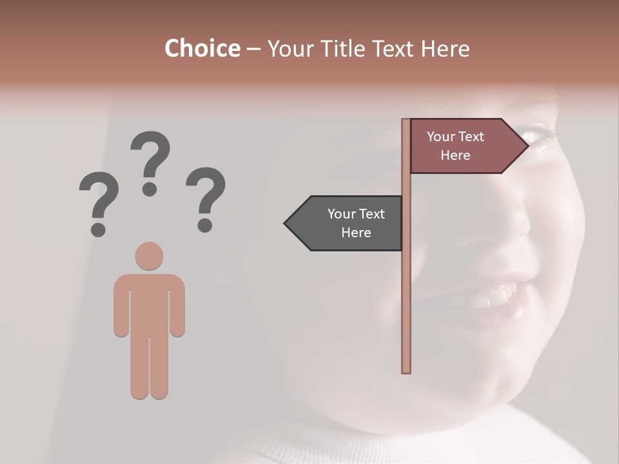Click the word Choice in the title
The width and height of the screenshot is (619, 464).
point(202,48)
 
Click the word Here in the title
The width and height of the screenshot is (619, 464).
point(446,48)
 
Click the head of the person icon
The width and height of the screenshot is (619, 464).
point(149,256)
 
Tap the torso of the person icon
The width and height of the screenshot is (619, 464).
point(149,303)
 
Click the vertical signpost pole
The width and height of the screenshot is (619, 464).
point(406,290)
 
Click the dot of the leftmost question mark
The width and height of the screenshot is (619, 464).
point(98,229)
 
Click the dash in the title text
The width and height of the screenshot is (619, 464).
point(253,49)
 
